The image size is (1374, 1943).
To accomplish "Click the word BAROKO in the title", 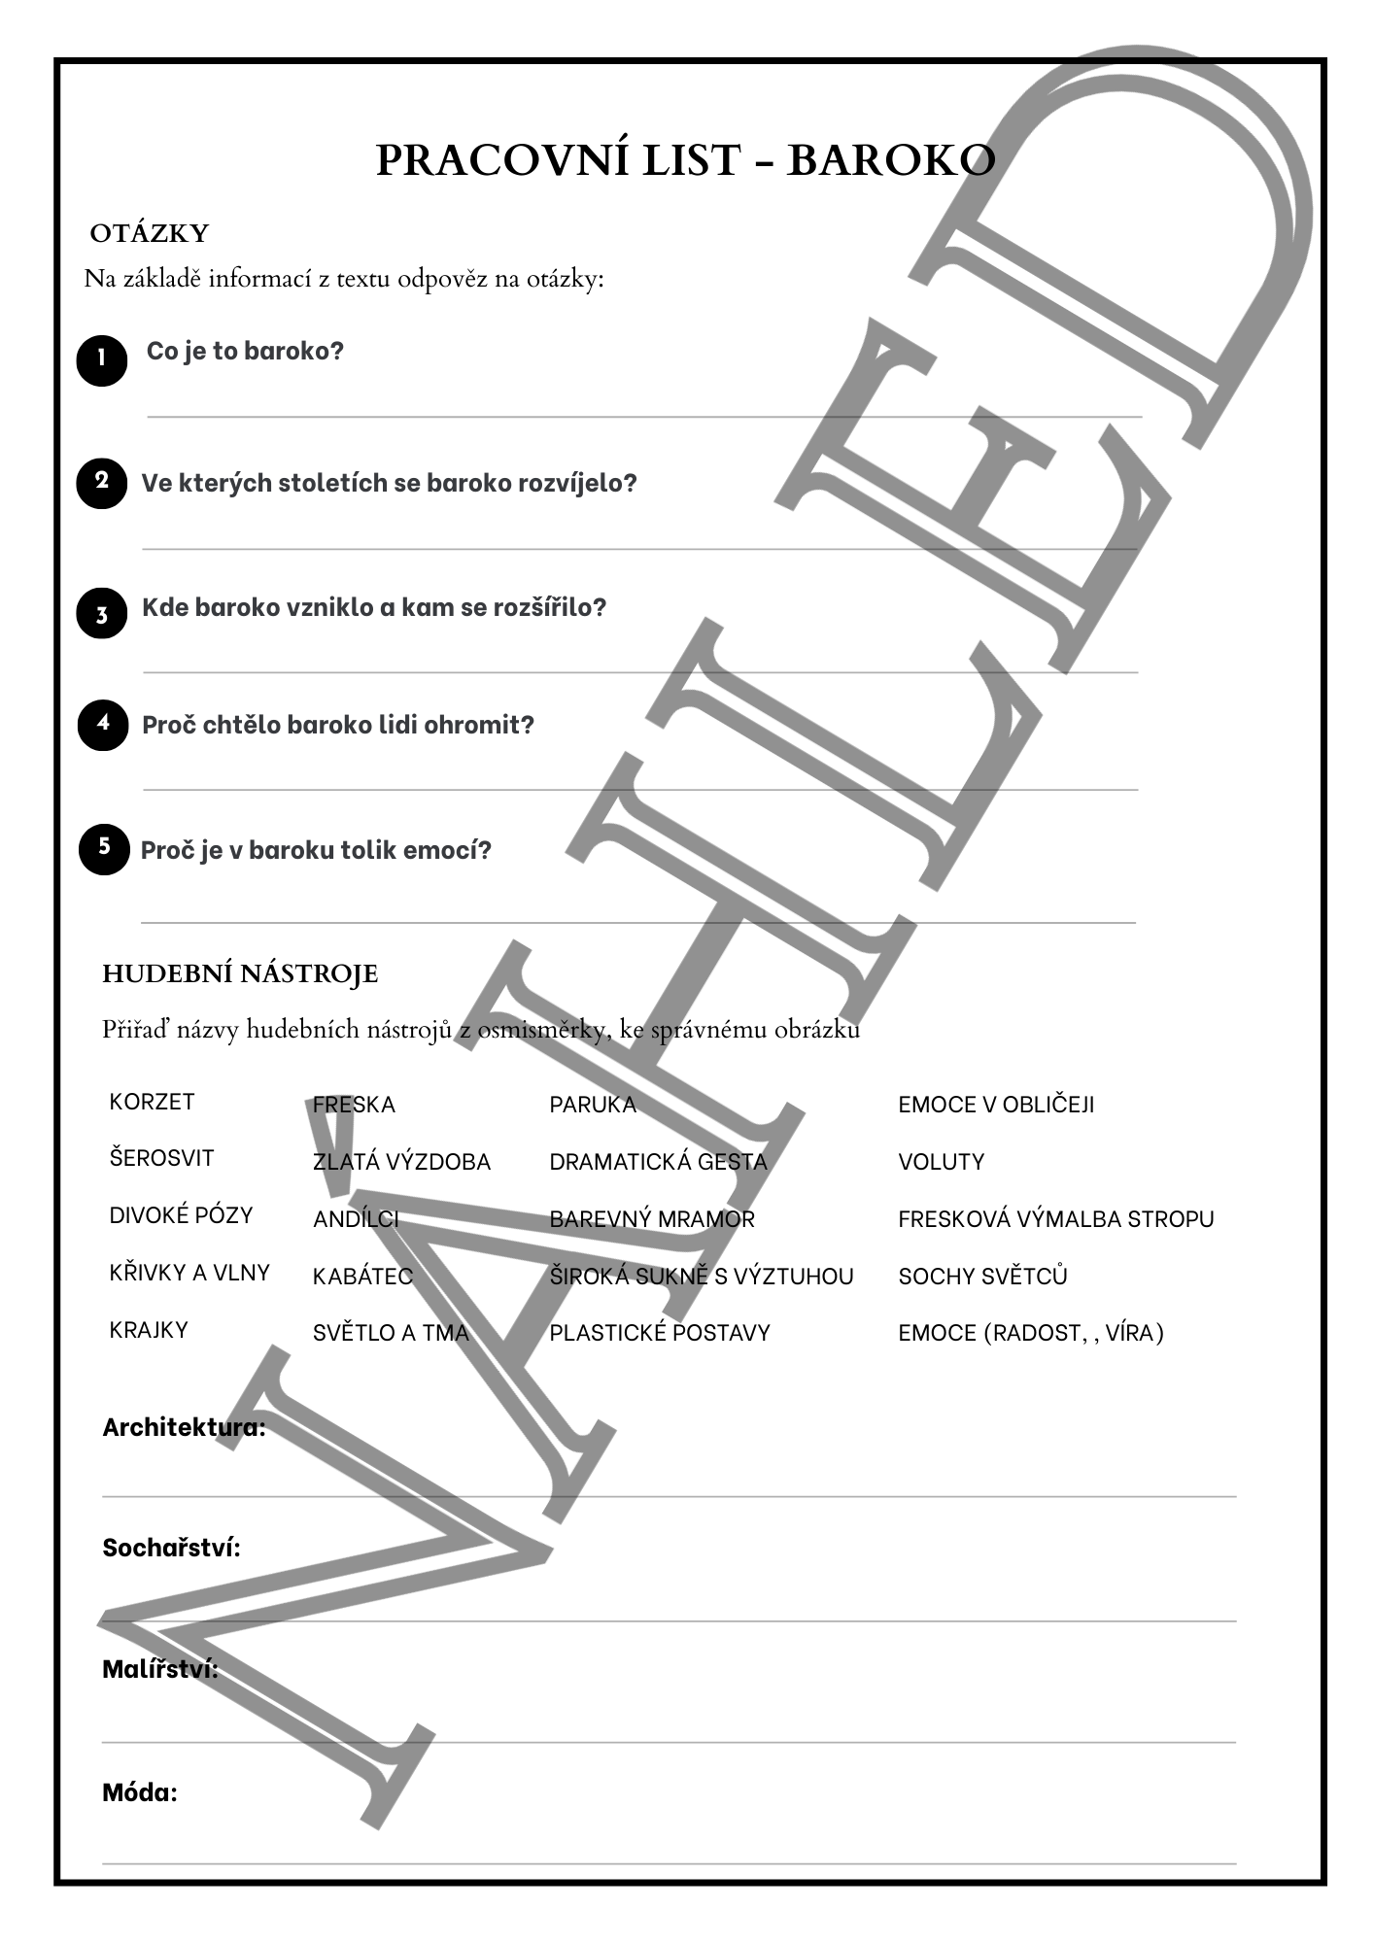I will pyautogui.click(x=890, y=160).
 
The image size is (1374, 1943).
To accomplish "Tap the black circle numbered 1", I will pyautogui.click(x=102, y=360).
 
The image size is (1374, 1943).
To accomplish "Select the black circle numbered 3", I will pyautogui.click(x=102, y=613).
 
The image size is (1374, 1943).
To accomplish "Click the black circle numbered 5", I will pyautogui.click(x=104, y=849).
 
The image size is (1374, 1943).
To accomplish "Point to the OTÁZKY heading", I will pyautogui.click(x=150, y=234).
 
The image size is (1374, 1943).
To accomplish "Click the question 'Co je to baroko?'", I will pyautogui.click(x=245, y=351).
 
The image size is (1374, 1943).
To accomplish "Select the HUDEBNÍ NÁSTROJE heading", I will pyautogui.click(x=240, y=973).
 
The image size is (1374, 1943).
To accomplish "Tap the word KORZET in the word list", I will pyautogui.click(x=152, y=1102).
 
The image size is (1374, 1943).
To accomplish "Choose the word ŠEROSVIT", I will pyautogui.click(x=161, y=1158).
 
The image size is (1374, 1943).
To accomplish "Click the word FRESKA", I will pyautogui.click(x=354, y=1105).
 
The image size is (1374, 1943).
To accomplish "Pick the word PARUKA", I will pyautogui.click(x=593, y=1105).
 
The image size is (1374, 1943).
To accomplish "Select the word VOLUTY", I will pyautogui.click(x=941, y=1162).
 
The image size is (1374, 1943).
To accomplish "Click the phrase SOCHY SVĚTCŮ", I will pyautogui.click(x=982, y=1277).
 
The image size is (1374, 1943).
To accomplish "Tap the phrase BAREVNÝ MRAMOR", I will pyautogui.click(x=652, y=1219).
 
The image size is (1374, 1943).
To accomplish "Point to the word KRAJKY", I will pyautogui.click(x=149, y=1330).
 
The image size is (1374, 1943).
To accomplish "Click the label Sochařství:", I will pyautogui.click(x=171, y=1548).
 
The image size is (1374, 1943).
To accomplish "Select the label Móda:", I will pyautogui.click(x=140, y=1792).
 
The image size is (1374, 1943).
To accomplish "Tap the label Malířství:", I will pyautogui.click(x=160, y=1669).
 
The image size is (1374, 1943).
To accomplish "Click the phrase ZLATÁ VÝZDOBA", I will pyautogui.click(x=401, y=1162).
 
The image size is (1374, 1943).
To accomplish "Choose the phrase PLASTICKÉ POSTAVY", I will pyautogui.click(x=660, y=1333).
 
